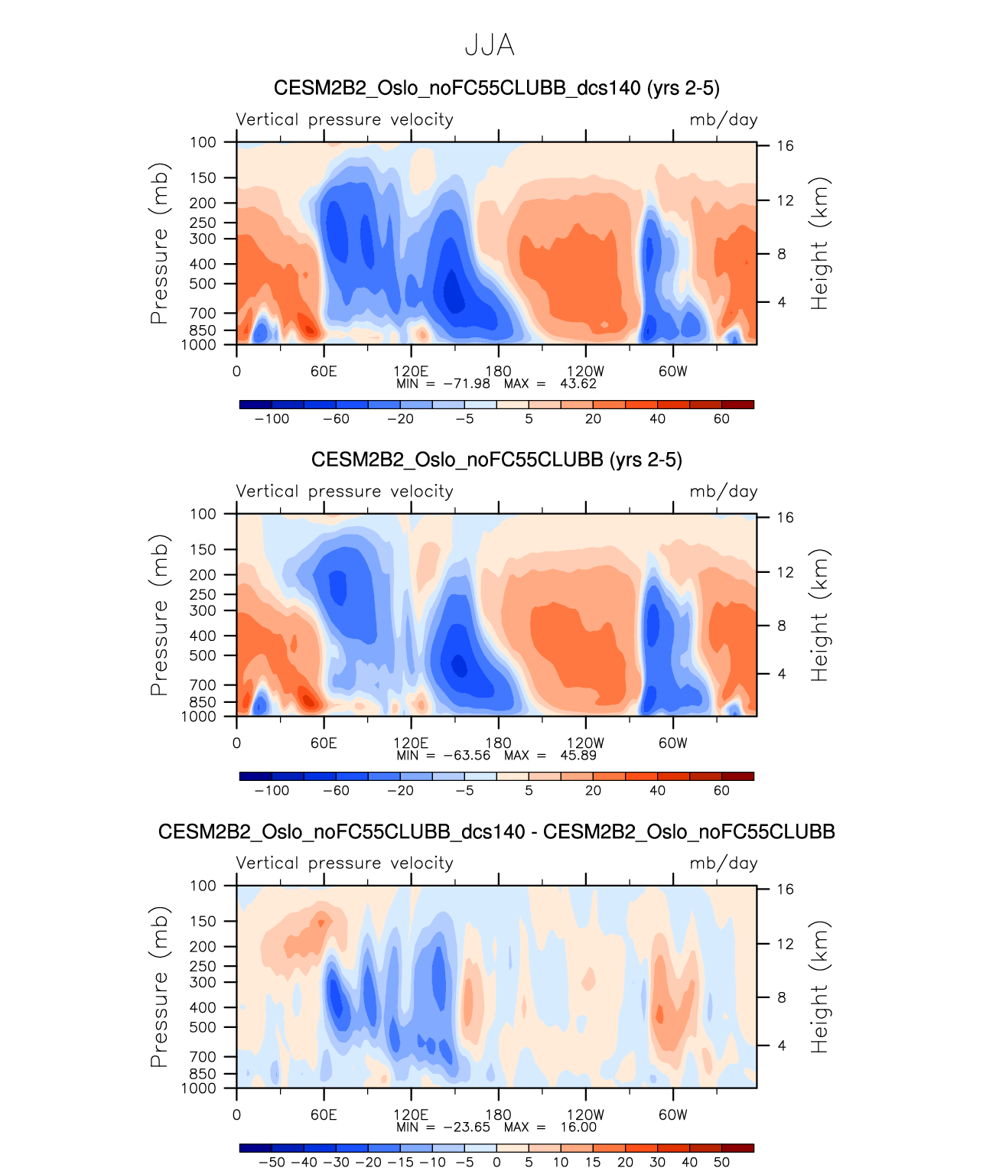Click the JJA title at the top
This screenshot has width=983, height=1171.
[x=490, y=46]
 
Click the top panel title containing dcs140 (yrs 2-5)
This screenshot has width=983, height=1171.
[x=496, y=88]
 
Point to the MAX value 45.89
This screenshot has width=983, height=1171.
[x=578, y=755]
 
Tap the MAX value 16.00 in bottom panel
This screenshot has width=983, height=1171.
[x=578, y=1127]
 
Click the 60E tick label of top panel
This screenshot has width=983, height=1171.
[x=324, y=372]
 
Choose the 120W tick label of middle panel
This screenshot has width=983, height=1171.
[x=585, y=743]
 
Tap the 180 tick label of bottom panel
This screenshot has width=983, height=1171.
[x=498, y=1115]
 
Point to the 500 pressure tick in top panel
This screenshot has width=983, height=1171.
[x=203, y=284]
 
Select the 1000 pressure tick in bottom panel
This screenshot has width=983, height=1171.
[x=199, y=1088]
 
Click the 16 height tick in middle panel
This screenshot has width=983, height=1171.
[x=786, y=518]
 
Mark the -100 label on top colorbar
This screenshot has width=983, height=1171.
[x=272, y=418]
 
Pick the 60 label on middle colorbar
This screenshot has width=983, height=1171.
[x=721, y=790]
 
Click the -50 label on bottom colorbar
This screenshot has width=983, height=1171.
[x=272, y=1162]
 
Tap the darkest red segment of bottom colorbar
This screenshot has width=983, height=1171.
[x=737, y=1148]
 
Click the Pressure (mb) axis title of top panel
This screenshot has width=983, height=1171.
[x=159, y=243]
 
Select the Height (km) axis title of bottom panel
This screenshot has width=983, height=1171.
[x=820, y=987]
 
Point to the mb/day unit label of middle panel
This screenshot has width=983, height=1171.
[x=723, y=492]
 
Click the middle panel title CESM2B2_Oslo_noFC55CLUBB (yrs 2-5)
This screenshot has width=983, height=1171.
[x=496, y=460]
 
